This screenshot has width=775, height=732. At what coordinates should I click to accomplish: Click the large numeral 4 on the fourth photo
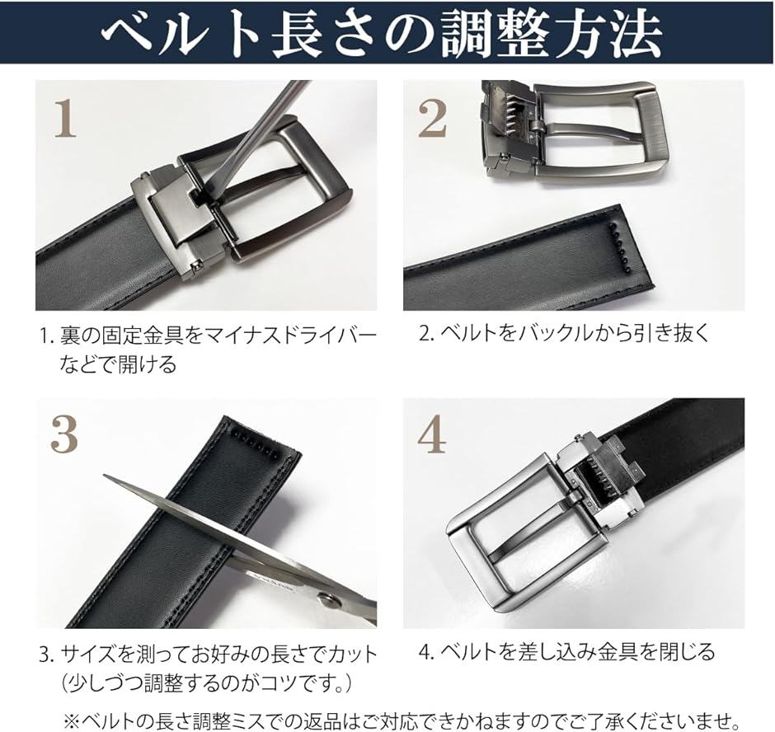(432, 436)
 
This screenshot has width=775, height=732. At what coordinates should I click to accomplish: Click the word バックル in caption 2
(548, 333)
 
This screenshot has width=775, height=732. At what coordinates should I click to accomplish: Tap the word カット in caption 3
(352, 655)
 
